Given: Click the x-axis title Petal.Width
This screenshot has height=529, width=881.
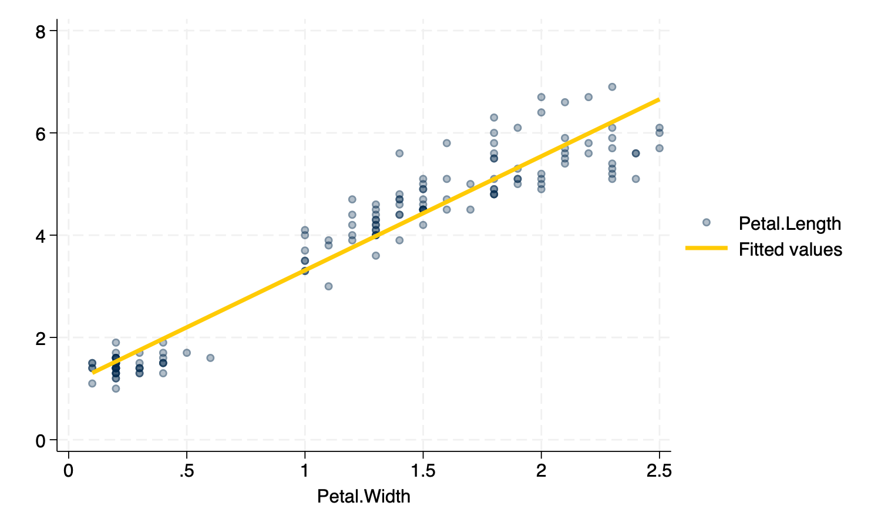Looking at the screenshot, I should point(364,496).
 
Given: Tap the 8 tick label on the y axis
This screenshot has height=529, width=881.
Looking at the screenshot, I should point(41,31).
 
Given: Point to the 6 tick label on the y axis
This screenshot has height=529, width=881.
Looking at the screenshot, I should point(41,133).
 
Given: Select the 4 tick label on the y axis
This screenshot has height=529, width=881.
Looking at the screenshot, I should point(41,236).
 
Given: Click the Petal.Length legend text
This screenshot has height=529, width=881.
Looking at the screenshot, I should point(789,223).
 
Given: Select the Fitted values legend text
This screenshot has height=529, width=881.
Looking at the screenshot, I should point(790,250).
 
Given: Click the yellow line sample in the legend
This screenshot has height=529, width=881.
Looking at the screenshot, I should point(706,249).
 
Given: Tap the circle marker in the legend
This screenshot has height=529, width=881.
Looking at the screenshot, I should point(706,222).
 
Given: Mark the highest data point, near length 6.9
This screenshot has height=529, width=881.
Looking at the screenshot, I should point(612,87).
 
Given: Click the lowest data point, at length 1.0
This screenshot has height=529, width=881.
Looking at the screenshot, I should point(116,389).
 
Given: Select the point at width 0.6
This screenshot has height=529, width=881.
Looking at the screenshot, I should point(210,358).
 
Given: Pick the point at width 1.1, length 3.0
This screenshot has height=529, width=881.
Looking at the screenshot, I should point(328,286).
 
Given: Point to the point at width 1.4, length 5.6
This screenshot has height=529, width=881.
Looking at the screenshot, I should point(399,153).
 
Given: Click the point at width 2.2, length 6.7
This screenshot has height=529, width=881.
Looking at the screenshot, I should point(589,97).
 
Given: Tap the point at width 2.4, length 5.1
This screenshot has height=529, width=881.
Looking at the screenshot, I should point(635,179).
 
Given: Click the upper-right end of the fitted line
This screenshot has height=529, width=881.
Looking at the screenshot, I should point(659,99).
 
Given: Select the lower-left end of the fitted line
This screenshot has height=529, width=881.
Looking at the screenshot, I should point(93,373).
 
